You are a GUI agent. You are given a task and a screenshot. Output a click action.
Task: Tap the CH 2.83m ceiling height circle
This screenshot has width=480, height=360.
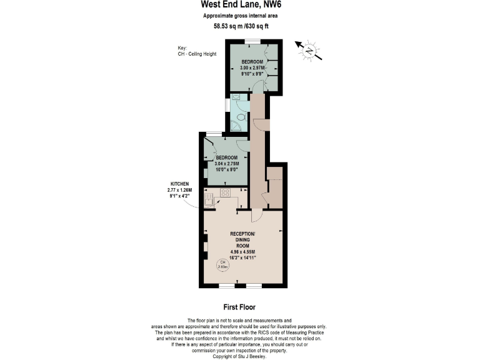coord(222,264)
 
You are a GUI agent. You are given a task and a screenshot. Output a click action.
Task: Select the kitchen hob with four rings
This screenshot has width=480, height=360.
coord(225,193)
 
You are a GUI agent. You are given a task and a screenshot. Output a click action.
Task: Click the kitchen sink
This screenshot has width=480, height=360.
coord(209,199)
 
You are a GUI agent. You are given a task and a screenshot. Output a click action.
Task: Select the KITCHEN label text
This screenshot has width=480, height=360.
coord(179,183)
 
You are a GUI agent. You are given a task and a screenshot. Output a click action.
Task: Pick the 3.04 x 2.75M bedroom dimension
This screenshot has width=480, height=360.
coord(227,162)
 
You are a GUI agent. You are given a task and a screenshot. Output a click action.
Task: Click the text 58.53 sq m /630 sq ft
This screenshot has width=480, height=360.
coord(239,26)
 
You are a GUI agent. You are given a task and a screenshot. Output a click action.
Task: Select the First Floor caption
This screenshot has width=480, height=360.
coord(239,307)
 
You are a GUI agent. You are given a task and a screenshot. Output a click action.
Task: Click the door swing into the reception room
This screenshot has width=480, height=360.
coord(256,216)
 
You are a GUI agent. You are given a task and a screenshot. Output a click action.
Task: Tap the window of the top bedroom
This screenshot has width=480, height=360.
coord(252,41)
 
